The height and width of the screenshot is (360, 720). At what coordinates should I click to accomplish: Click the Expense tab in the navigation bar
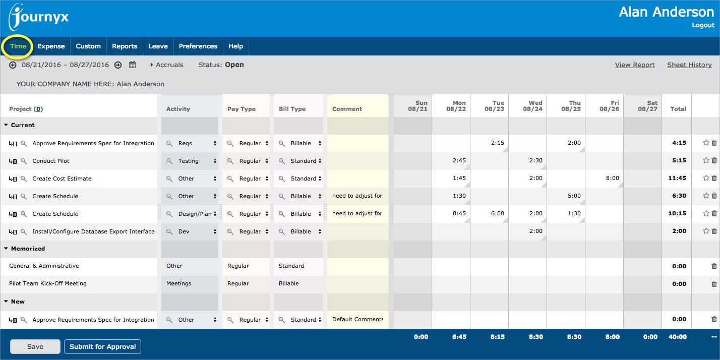coord(51,46)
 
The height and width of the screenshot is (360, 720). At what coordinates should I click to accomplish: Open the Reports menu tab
coord(125,46)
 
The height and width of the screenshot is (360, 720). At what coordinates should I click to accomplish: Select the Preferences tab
coord(198,46)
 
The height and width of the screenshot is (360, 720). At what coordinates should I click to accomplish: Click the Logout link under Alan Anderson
coord(703,25)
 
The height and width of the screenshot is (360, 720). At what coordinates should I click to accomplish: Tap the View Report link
coord(635,65)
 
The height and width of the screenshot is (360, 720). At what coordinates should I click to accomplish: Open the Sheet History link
coord(689,65)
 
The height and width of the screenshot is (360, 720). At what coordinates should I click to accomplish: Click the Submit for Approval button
coord(102,347)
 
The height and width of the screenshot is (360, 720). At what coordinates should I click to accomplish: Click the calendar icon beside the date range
coord(133,65)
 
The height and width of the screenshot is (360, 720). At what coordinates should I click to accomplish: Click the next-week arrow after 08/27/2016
coord(118,65)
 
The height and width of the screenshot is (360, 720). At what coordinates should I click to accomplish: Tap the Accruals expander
coord(167,65)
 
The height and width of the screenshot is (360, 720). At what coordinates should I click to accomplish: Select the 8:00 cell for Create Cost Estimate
coord(605,178)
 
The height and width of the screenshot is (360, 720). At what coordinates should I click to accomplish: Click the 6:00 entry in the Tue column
coord(490,214)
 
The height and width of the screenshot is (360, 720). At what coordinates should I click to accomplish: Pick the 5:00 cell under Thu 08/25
coord(566,196)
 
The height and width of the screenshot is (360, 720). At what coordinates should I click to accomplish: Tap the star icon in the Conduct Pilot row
coord(706,161)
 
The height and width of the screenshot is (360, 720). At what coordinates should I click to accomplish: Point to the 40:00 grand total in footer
coord(678,337)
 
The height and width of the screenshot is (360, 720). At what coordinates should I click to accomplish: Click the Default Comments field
coord(357,320)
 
